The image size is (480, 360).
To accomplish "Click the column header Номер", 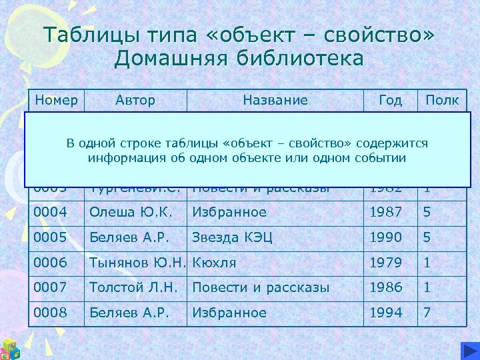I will tap(56, 101).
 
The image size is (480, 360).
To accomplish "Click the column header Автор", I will tap(135, 101).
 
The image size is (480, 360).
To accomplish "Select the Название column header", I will tap(275, 101).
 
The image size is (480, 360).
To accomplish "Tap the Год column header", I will tap(390, 101).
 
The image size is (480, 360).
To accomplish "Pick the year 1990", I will tap(386, 237).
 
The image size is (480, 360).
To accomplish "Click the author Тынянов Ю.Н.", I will tap(137, 263).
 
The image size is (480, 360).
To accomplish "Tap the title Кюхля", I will tap(214, 263).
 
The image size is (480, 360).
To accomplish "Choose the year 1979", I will tap(386, 263).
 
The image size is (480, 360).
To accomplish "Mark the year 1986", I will tap(386, 287).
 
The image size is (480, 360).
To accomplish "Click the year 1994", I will tap(386, 313).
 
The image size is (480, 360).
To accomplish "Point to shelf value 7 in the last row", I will tap(427, 313).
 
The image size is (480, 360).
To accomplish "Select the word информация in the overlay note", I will tap(123, 158).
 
